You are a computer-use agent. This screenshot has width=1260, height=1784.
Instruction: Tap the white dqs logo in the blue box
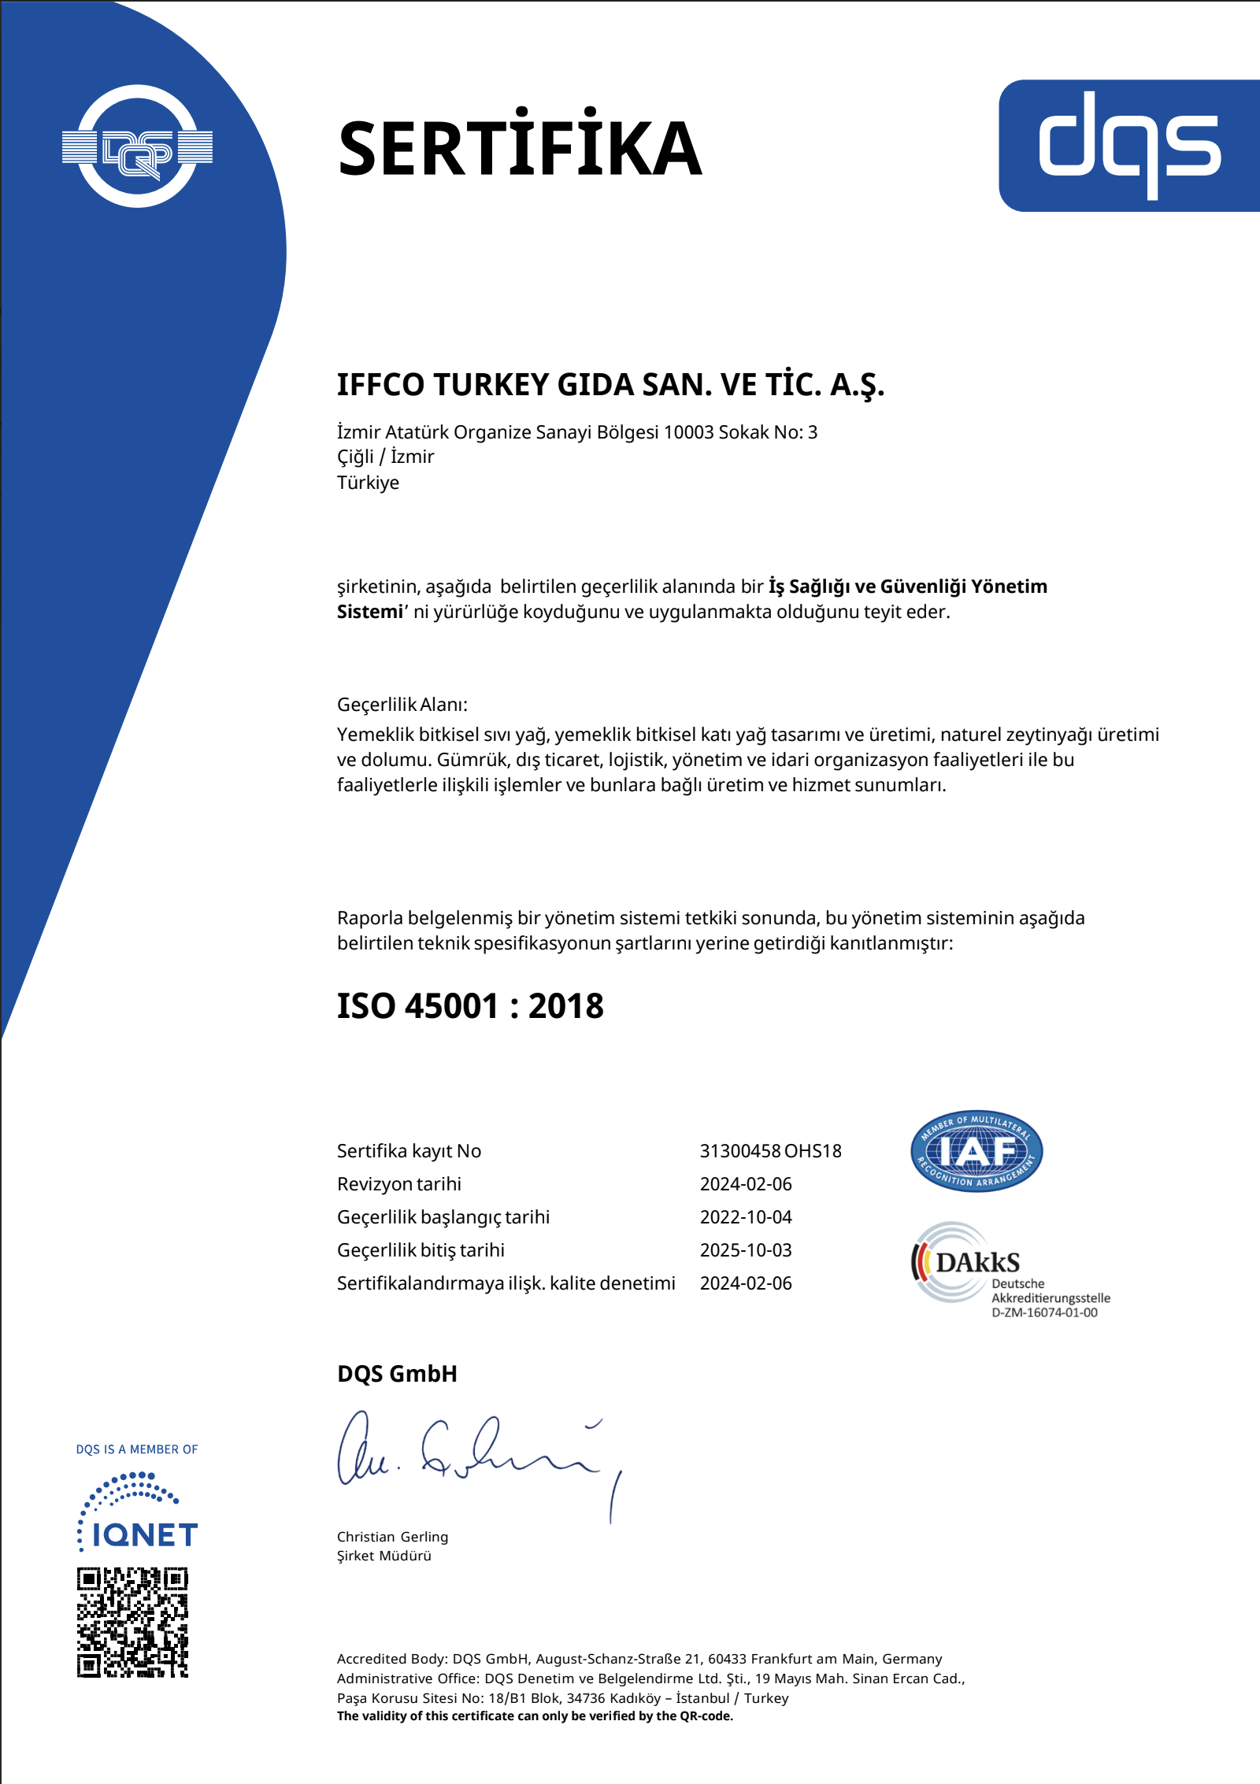(1129, 145)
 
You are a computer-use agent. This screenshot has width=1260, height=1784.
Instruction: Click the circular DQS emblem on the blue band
(137, 146)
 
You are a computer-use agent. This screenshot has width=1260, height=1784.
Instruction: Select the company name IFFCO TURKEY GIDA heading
(610, 385)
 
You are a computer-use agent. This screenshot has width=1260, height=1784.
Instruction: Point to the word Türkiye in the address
(368, 483)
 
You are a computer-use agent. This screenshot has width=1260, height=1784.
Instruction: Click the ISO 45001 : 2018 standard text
(470, 1006)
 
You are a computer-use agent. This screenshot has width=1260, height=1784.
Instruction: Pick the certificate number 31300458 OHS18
(770, 1151)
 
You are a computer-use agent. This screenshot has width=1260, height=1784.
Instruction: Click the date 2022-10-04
(746, 1217)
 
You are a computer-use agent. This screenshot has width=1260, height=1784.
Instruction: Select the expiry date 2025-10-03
(746, 1250)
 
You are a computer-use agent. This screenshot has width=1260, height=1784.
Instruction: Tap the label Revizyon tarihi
(399, 1184)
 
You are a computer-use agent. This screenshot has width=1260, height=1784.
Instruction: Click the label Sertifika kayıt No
(409, 1151)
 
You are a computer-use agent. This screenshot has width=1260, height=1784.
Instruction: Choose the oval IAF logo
(976, 1151)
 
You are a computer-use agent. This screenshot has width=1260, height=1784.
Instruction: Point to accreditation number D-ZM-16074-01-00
(1044, 1312)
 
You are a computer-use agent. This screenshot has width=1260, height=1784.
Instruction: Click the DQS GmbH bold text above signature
(397, 1374)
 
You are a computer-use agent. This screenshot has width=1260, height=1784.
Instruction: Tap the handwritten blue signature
(472, 1456)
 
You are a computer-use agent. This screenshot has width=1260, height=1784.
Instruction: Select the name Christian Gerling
(392, 1537)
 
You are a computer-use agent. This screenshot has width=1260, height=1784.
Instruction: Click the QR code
(132, 1623)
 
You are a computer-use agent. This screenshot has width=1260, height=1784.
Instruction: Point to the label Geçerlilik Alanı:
(402, 705)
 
